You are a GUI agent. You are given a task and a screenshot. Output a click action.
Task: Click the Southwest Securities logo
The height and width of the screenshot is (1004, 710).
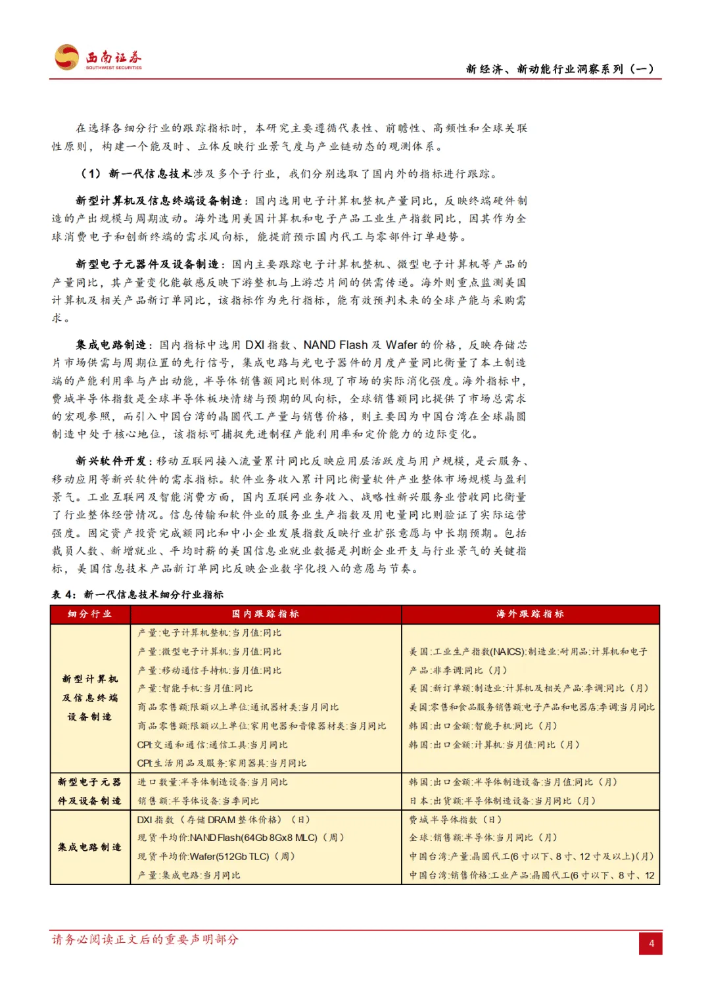tap(99, 58)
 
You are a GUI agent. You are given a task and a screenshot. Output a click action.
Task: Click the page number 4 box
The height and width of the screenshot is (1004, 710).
tap(651, 944)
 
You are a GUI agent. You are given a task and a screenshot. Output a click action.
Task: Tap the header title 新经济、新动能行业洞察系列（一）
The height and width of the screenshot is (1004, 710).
tap(559, 69)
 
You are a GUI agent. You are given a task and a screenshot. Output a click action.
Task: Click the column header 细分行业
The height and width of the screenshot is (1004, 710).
tap(90, 614)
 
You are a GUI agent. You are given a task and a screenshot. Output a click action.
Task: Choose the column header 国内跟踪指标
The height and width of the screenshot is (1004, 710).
tap(266, 614)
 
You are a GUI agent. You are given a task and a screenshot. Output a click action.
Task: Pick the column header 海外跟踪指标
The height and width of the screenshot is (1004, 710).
tap(530, 614)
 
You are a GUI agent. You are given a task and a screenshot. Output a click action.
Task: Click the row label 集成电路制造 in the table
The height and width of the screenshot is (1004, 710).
tap(90, 848)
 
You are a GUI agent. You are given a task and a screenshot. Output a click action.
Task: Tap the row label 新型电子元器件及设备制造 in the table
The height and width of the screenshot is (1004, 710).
tap(90, 792)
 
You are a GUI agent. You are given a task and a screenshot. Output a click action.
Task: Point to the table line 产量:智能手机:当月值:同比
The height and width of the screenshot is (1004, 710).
tap(195, 688)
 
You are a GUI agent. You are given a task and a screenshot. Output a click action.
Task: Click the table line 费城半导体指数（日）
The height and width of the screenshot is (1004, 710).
tap(456, 820)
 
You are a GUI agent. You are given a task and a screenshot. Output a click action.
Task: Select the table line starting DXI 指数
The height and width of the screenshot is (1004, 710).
tap(224, 820)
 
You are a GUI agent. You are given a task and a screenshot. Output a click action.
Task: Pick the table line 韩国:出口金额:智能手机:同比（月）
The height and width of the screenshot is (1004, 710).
tap(483, 726)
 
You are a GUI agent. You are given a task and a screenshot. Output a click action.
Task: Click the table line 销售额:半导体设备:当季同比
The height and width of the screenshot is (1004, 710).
tap(199, 801)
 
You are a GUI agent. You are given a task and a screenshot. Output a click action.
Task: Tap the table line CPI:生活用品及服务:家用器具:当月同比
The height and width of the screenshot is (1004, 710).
tap(222, 763)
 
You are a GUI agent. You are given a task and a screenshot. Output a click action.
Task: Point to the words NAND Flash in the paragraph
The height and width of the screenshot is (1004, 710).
tap(335, 345)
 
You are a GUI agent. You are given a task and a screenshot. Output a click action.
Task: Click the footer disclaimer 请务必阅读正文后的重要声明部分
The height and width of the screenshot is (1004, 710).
tap(145, 940)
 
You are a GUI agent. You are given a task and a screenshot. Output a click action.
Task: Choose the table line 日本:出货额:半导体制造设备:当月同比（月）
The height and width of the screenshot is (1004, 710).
tap(502, 801)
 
